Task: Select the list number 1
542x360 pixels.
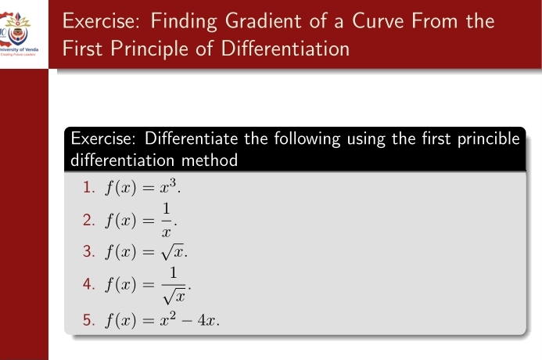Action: [88, 188]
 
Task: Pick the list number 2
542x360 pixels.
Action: [88, 218]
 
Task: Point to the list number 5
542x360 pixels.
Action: [88, 319]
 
